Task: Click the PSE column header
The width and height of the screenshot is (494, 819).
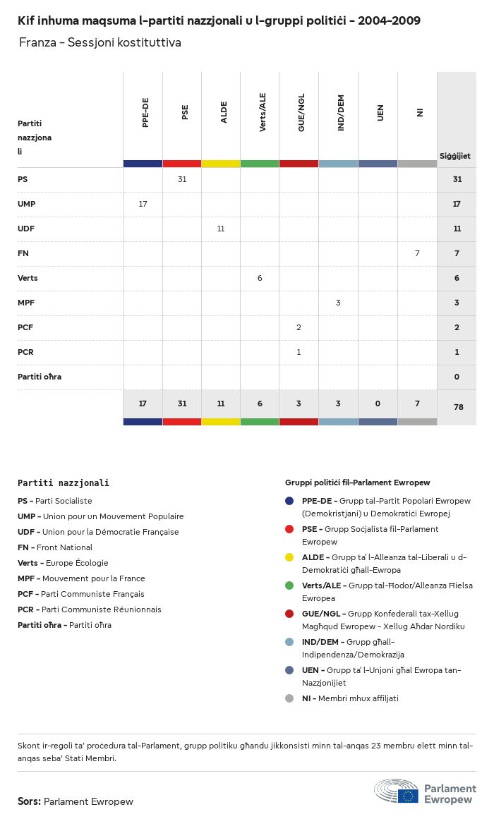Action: [185, 112]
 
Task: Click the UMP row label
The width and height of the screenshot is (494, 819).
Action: [27, 204]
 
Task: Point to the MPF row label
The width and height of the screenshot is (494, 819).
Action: [26, 303]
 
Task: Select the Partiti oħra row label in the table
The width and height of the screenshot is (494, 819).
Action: [40, 377]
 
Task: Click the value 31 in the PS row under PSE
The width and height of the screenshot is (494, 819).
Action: [182, 179]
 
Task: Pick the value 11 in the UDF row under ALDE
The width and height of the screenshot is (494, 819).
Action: [221, 229]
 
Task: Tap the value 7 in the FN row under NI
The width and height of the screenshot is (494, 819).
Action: [417, 253]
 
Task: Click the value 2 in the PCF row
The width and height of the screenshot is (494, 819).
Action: [299, 327]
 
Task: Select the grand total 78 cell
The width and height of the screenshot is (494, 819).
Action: [457, 407]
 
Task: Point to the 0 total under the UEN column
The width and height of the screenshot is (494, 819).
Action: [378, 404]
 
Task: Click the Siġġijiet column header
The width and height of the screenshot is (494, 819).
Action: [455, 156]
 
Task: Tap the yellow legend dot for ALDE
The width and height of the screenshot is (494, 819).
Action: [289, 557]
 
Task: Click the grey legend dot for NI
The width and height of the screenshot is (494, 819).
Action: [289, 698]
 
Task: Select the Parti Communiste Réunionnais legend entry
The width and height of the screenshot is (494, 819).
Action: [90, 609]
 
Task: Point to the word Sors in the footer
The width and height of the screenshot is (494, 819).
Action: [29, 801]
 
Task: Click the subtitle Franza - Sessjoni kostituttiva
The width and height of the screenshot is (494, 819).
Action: [100, 42]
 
